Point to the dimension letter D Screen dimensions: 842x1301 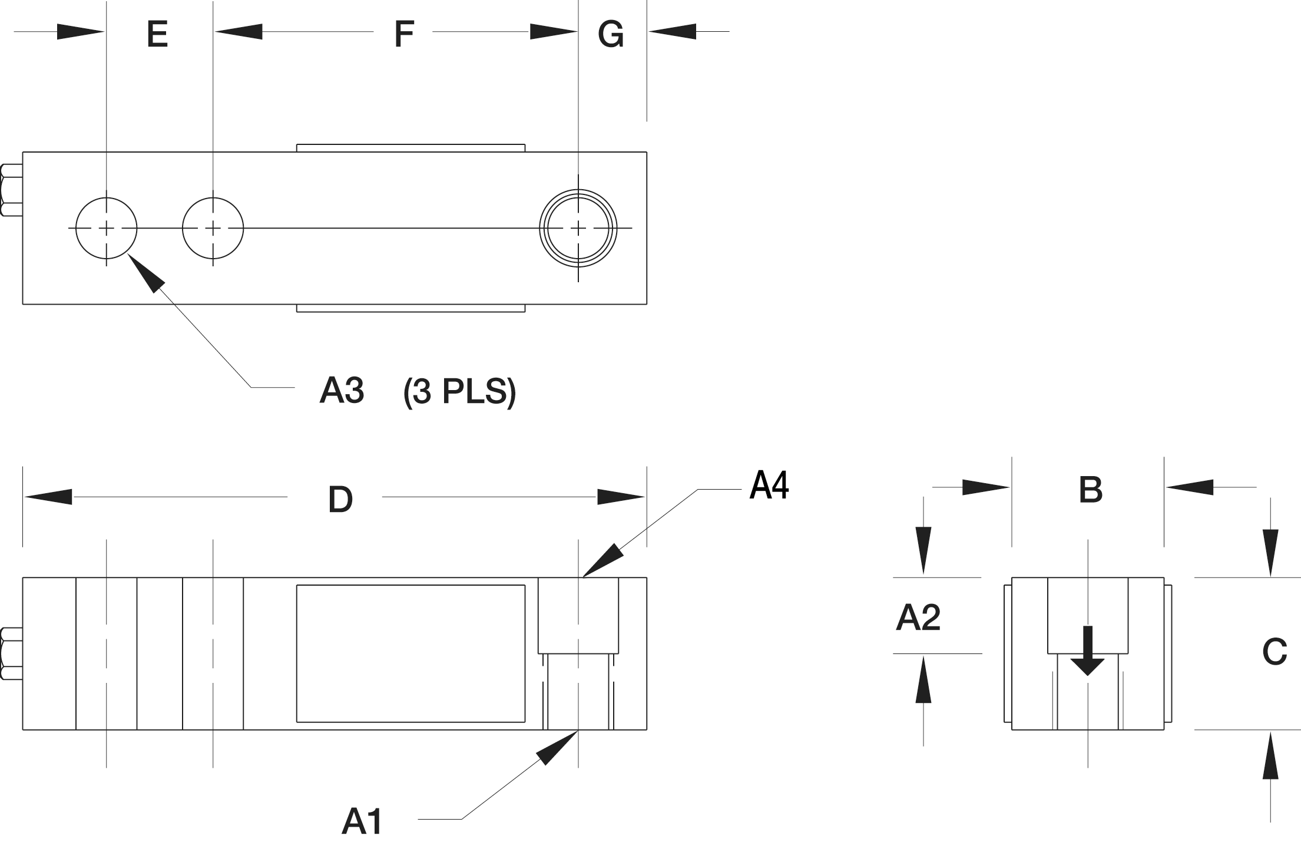[340, 500]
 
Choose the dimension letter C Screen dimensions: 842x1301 [1274, 652]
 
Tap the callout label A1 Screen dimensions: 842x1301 [362, 821]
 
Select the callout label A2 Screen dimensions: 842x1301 [918, 618]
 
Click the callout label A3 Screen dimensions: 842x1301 [342, 390]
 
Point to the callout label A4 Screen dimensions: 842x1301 [769, 486]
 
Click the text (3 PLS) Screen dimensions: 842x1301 [459, 391]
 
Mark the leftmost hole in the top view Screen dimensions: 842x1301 [107, 228]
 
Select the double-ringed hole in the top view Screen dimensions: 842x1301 [578, 228]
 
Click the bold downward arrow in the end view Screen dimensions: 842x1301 [1087, 652]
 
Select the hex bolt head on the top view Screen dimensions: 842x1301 [11, 190]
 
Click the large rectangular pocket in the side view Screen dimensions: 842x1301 [411, 653]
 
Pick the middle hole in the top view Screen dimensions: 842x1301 [213, 228]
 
